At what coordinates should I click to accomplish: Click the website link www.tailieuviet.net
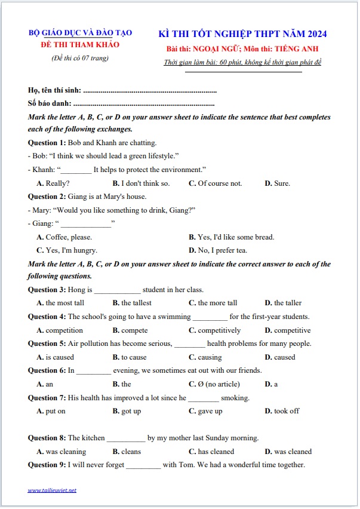(x=52, y=490)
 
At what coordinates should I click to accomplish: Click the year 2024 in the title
(x=314, y=33)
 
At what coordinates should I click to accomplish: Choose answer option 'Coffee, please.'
(x=69, y=237)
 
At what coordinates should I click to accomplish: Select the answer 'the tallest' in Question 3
(x=136, y=303)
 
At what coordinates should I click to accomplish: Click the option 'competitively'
(x=219, y=330)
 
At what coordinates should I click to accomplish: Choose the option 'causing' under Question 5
(x=210, y=357)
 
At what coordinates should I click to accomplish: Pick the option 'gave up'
(x=210, y=411)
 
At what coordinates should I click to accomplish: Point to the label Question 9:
(x=47, y=465)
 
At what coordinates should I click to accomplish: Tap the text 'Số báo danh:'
(x=48, y=104)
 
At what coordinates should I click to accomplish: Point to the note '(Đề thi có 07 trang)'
(x=80, y=58)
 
